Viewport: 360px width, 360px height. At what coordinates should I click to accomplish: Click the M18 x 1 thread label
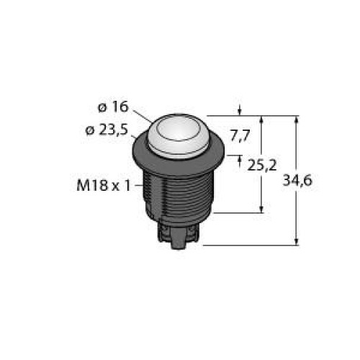pyautogui.click(x=102, y=185)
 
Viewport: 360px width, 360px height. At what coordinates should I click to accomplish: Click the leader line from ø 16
pyautogui.click(x=143, y=115)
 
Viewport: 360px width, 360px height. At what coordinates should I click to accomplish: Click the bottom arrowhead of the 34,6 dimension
pyautogui.click(x=297, y=241)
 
